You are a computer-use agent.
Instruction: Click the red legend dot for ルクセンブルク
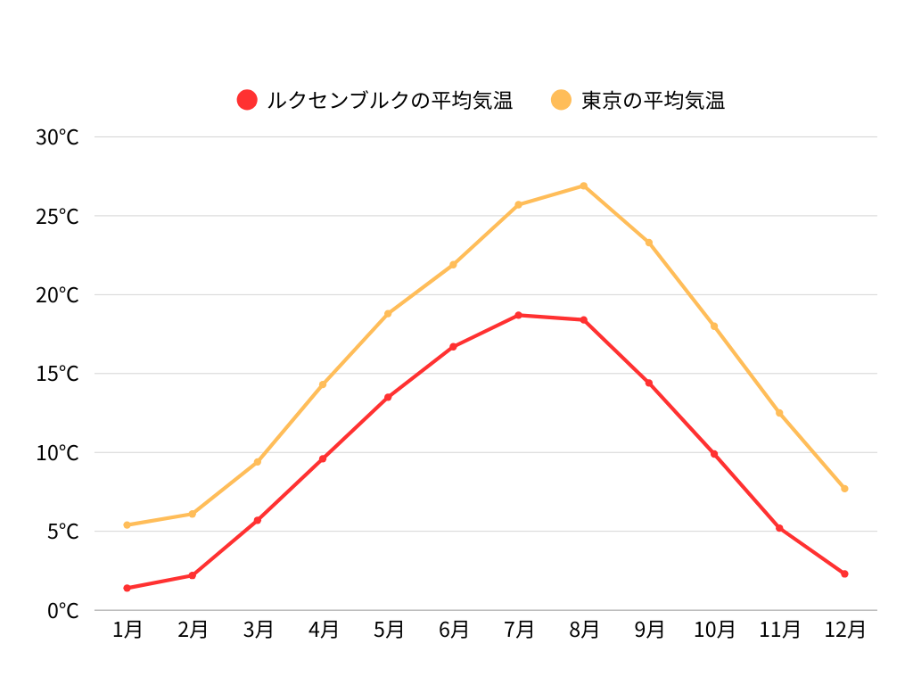(247, 100)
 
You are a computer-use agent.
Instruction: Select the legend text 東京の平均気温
(653, 101)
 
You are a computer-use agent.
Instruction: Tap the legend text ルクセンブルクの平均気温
(390, 101)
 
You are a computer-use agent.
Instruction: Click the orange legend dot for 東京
(561, 100)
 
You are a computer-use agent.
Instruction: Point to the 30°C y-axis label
(57, 137)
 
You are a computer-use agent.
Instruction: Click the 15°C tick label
(57, 374)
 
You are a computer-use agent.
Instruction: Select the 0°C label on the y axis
(62, 611)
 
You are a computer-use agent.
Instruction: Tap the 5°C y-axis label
(62, 532)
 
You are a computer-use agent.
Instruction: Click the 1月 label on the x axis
(127, 630)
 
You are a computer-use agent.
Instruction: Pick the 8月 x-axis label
(584, 630)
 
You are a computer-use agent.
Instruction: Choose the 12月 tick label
(844, 630)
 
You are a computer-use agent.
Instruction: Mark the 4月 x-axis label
(323, 630)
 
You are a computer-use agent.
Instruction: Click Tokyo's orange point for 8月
(584, 186)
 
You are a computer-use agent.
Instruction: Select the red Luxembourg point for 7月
(518, 315)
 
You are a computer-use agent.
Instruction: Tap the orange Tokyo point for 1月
(127, 524)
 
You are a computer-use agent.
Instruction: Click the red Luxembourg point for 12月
(844, 574)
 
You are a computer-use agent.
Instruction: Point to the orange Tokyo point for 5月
(388, 313)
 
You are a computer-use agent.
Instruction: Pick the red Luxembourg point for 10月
(714, 454)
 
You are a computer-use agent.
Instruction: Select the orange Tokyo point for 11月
(779, 413)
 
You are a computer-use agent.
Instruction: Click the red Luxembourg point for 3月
(258, 520)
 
